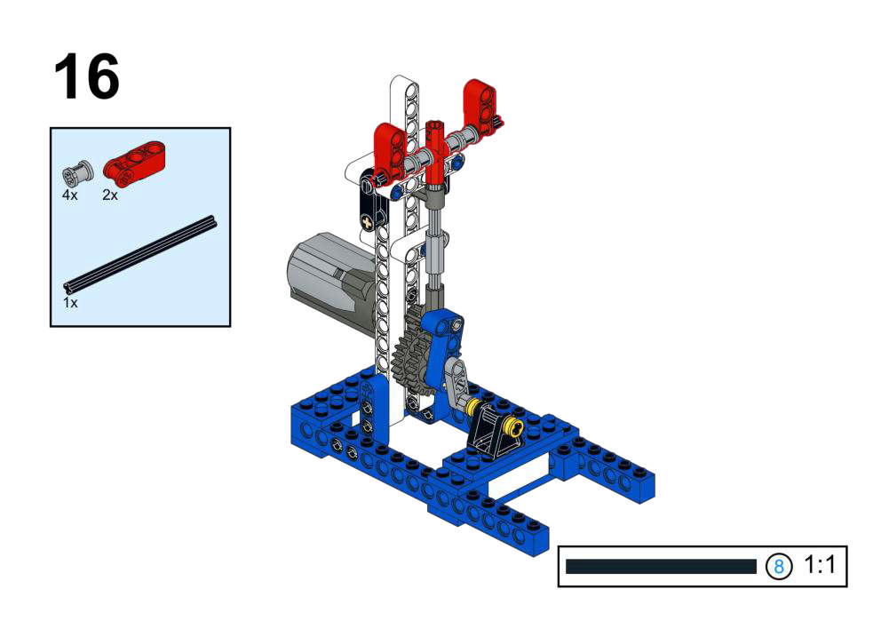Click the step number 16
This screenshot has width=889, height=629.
(x=87, y=76)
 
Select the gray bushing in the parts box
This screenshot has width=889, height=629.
(x=78, y=172)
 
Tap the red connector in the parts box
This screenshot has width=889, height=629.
(x=134, y=164)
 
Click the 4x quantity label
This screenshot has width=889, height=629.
(x=70, y=195)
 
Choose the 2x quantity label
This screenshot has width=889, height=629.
(x=110, y=195)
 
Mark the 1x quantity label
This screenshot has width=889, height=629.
(x=70, y=303)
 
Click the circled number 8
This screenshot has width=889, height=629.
(x=779, y=566)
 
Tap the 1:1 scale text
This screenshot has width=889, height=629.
(x=820, y=565)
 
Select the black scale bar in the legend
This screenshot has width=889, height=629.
(x=661, y=566)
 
